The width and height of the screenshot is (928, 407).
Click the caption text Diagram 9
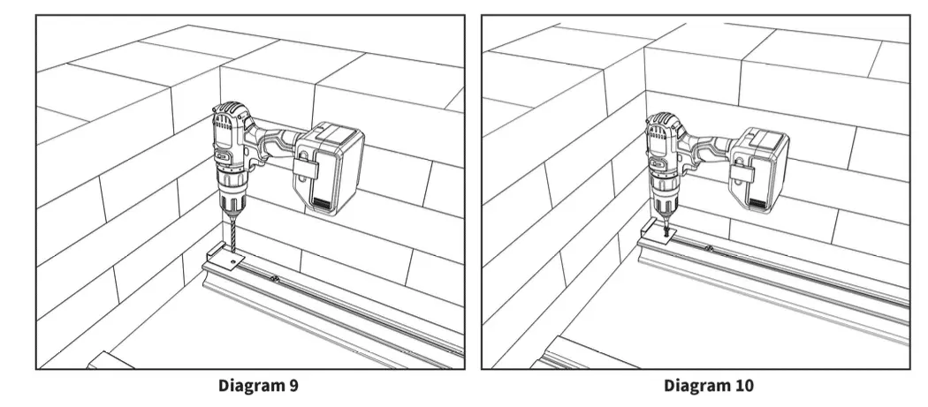point(253,386)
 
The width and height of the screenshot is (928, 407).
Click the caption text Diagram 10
point(709,386)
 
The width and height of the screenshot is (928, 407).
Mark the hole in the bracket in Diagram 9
point(233,261)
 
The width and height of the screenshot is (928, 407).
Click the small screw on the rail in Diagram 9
point(277,282)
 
